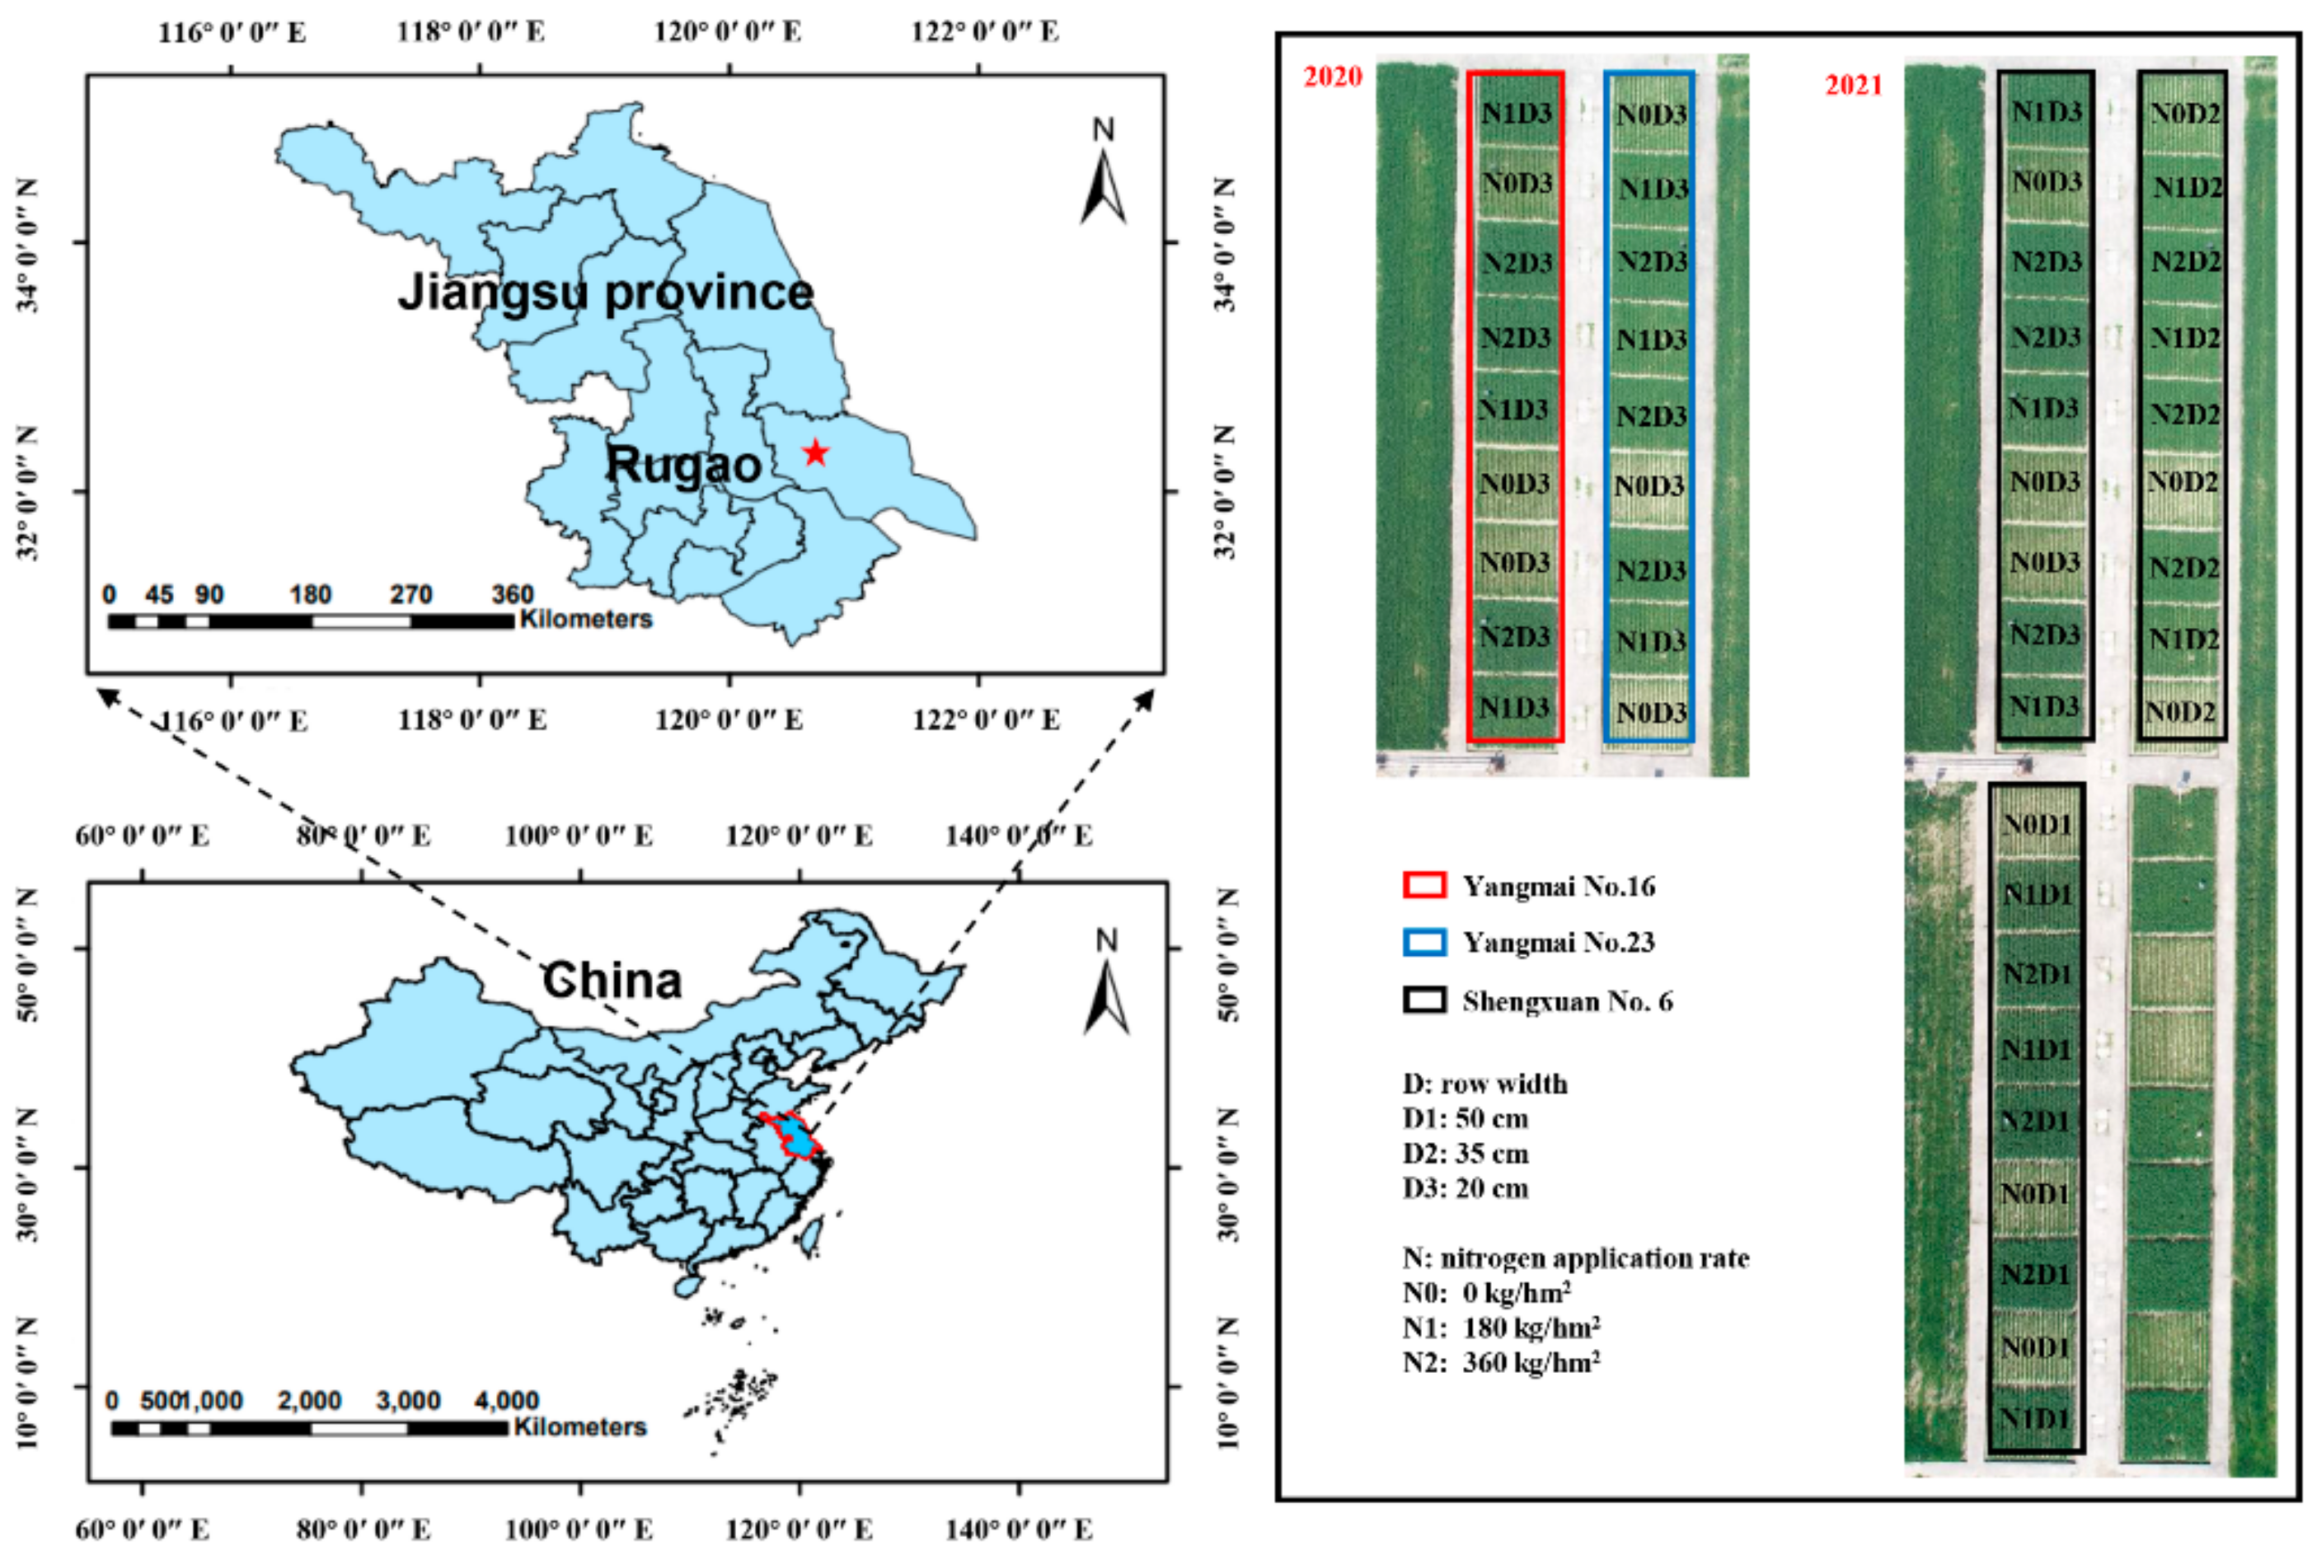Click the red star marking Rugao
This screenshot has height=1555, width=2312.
point(815,453)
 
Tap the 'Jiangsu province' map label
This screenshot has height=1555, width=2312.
point(606,292)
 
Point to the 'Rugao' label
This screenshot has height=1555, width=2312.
point(683,464)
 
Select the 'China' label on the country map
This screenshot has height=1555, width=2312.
point(612,980)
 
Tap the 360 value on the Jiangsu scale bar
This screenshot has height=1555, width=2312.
point(512,595)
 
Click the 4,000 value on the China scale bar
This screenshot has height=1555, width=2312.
point(506,1400)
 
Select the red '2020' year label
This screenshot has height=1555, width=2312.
point(1332,77)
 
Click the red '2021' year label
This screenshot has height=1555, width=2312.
point(1853,85)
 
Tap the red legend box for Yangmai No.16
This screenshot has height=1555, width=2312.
point(1424,884)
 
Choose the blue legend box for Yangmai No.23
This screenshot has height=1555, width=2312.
point(1424,941)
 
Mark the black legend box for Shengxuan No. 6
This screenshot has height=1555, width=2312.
point(1424,1000)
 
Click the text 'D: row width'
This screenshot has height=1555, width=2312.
point(1484,1083)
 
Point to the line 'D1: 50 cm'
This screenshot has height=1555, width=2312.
point(1465,1118)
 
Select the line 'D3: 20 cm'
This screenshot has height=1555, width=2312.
point(1465,1188)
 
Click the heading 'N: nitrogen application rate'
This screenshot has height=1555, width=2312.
point(1575,1258)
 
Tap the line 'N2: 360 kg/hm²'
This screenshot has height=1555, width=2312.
point(1501,1361)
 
